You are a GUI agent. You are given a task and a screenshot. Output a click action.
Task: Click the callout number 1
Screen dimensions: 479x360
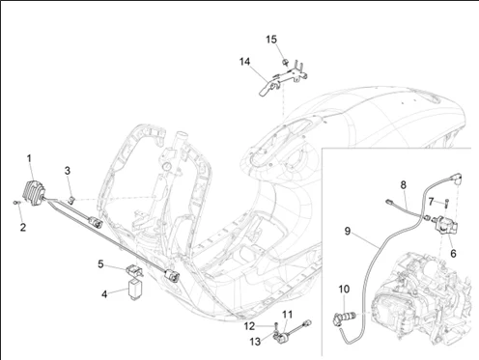click(x=29, y=158)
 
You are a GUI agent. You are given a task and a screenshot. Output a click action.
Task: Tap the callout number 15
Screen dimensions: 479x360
click(x=271, y=40)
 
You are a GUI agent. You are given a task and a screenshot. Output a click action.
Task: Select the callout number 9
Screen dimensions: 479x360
click(x=348, y=232)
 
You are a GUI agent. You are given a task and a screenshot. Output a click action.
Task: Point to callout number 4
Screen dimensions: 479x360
click(x=104, y=294)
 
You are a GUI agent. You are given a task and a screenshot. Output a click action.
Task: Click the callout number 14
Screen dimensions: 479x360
click(x=245, y=62)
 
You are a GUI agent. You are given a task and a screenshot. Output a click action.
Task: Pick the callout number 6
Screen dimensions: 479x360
click(x=453, y=254)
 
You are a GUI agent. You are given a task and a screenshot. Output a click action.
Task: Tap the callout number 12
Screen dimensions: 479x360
click(x=249, y=326)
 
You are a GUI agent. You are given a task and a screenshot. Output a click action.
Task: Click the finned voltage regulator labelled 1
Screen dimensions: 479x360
click(x=34, y=193)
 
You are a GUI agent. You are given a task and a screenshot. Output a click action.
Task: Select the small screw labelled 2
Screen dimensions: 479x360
click(x=16, y=203)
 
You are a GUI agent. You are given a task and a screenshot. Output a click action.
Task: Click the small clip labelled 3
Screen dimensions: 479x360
click(x=72, y=200)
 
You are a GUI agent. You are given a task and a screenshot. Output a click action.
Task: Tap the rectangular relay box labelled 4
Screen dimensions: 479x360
click(x=133, y=290)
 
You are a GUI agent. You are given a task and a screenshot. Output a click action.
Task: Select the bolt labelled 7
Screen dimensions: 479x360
click(x=447, y=204)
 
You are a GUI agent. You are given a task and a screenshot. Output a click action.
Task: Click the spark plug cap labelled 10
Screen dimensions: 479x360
click(x=344, y=317)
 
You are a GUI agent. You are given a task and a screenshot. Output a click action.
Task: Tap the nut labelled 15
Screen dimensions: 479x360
click(x=285, y=62)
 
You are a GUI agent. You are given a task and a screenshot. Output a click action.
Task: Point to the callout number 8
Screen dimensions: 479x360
click(x=404, y=185)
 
